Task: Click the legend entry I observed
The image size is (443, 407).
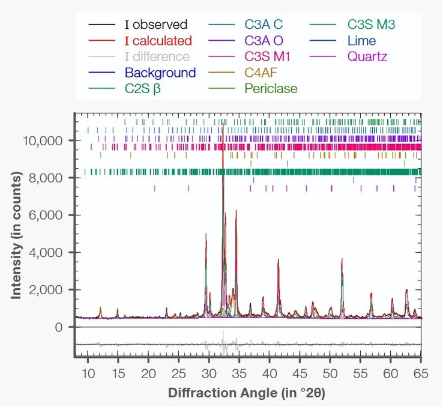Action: click(155, 25)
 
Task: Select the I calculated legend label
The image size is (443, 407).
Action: click(158, 41)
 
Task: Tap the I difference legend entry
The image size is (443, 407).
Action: click(157, 57)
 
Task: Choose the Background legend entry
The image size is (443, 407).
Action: click(160, 73)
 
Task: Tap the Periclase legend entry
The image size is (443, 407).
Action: click(270, 89)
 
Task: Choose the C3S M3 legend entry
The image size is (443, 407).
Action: click(372, 25)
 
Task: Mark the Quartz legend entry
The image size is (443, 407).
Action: click(367, 57)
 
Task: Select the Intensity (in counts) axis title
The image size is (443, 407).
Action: click(16, 235)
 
